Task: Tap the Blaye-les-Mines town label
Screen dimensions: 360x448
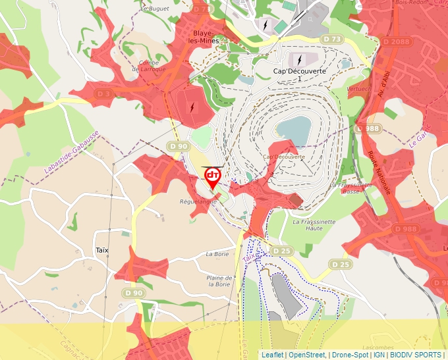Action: [206, 36]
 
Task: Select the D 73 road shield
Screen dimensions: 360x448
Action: [333, 39]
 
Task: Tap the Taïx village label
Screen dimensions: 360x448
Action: [101, 250]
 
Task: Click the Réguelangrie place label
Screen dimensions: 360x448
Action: [198, 202]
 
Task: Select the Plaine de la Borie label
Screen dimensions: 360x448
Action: [219, 281]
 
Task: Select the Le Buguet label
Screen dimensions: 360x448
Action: [155, 9]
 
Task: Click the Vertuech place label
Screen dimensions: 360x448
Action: [358, 88]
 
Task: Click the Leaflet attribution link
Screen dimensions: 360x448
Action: [272, 355]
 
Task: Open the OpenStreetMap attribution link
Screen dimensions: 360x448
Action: [306, 355]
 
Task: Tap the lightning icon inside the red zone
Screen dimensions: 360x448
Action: [192, 107]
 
